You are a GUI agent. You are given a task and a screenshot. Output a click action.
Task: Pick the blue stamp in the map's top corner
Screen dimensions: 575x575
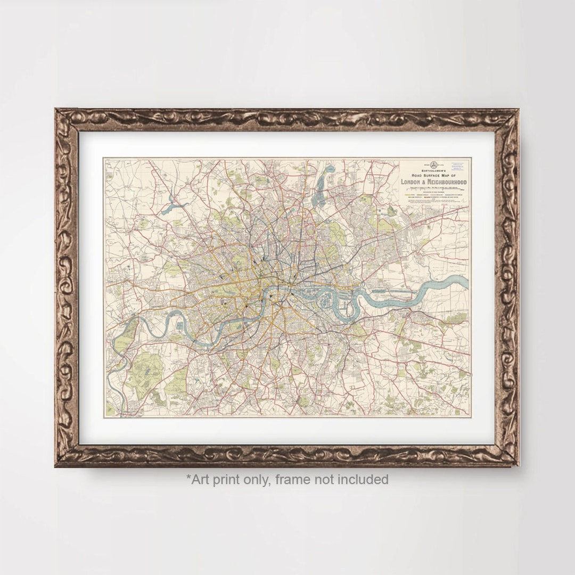(458, 166)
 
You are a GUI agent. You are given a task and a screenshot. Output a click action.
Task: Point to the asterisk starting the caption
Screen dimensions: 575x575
(188, 477)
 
